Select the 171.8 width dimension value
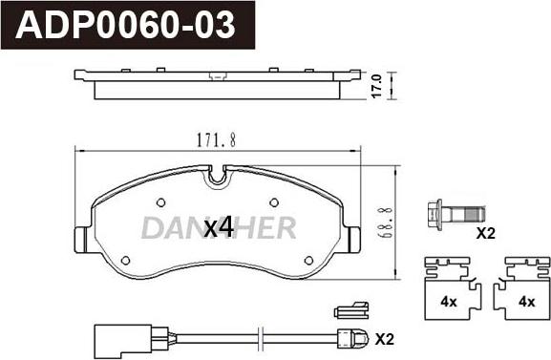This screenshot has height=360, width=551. [x=216, y=140]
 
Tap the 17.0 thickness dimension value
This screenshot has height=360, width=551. [x=376, y=86]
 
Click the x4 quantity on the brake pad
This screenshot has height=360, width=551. [x=219, y=227]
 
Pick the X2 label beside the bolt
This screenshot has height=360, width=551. [x=485, y=233]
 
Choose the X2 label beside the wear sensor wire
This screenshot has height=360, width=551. [x=385, y=339]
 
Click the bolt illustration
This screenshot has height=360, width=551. [x=456, y=214]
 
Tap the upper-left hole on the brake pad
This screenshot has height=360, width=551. [x=160, y=202]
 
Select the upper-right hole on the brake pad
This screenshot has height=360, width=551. [x=274, y=202]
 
